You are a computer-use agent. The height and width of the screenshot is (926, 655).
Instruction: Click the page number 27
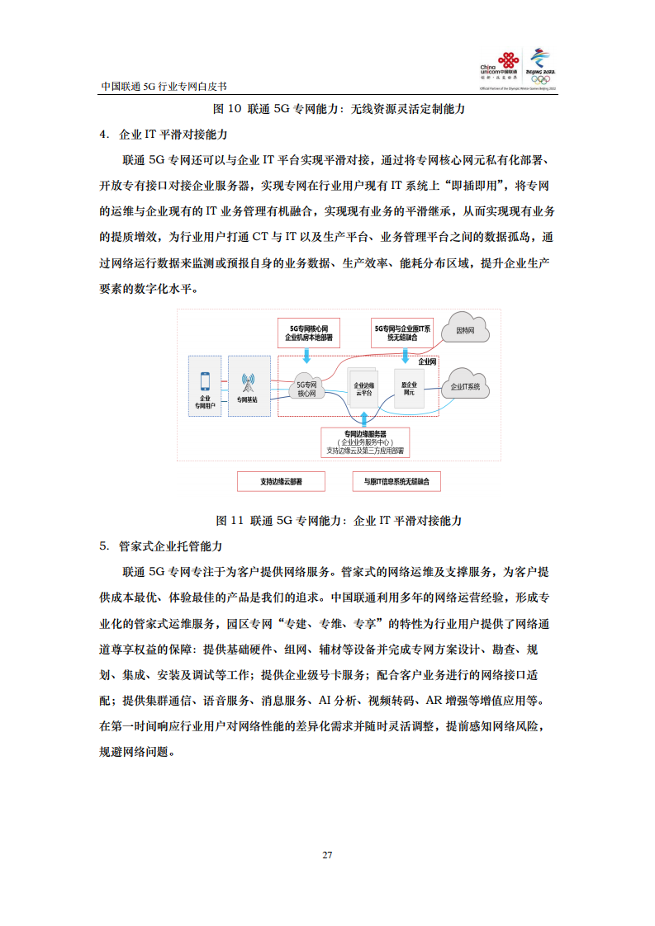click(327, 854)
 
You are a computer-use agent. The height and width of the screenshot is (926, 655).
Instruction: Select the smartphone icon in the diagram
click(205, 381)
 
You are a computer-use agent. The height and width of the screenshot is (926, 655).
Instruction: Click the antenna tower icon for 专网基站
click(247, 383)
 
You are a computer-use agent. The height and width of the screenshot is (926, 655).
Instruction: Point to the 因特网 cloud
click(465, 331)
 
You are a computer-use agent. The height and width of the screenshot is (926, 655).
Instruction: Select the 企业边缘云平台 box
click(363, 389)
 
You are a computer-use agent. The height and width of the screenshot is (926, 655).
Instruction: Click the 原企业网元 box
click(409, 389)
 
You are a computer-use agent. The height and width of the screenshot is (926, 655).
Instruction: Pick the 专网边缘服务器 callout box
click(365, 442)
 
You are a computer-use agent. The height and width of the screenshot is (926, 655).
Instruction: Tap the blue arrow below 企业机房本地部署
click(307, 356)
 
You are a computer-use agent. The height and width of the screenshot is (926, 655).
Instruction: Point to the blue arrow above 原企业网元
click(406, 356)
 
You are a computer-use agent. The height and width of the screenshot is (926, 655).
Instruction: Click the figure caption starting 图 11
click(338, 520)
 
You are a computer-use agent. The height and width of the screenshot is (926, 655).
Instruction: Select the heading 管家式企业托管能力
click(169, 546)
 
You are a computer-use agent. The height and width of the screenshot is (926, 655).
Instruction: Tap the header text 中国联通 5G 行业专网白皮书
click(163, 85)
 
